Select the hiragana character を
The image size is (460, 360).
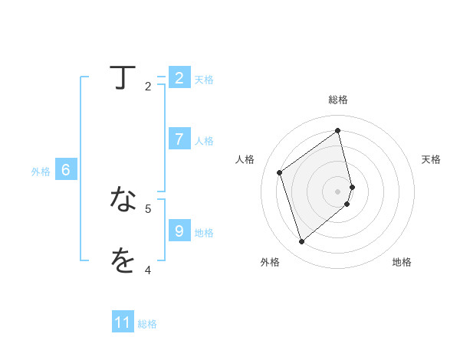123,260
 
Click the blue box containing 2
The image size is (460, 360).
179,77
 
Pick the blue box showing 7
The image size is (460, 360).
179,139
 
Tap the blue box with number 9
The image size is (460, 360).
179,231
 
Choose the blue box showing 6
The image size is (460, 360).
66,170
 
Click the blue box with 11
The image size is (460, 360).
123,322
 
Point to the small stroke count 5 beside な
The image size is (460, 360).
148,208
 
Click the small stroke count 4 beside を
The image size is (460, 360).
148,270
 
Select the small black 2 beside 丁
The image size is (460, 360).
148,87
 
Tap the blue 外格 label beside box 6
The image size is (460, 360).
41,172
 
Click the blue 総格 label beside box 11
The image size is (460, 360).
147,324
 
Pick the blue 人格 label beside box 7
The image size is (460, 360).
204,141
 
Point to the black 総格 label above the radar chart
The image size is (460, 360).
338,100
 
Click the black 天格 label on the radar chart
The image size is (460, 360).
431,159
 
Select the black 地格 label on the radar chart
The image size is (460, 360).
402,263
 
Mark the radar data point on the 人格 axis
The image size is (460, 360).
280,172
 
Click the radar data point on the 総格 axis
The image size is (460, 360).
338,130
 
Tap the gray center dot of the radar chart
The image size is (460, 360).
338,191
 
